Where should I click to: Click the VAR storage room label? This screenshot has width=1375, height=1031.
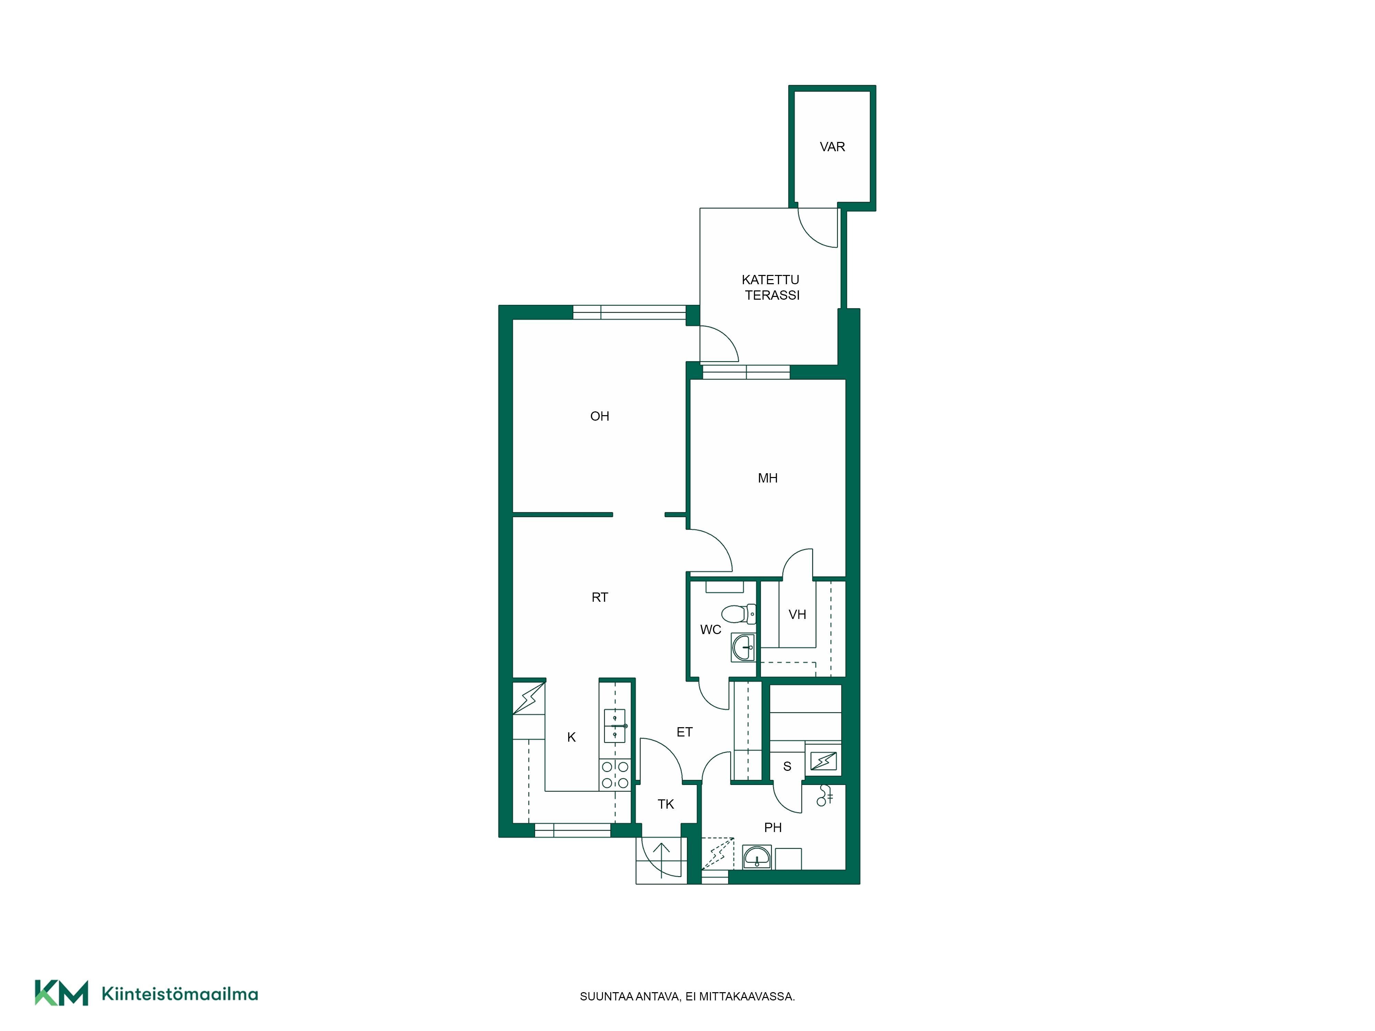click(832, 147)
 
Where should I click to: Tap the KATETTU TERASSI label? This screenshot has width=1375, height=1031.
click(771, 288)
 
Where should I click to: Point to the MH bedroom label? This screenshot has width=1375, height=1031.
click(768, 478)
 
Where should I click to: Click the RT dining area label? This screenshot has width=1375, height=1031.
click(599, 597)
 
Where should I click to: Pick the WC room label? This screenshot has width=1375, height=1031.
click(711, 630)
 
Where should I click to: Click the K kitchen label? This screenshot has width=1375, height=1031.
click(571, 737)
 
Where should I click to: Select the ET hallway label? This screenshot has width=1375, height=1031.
click(684, 732)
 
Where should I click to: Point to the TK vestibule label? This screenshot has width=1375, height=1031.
click(666, 804)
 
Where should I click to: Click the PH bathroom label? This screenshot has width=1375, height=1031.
click(773, 827)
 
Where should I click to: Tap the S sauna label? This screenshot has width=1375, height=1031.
click(787, 766)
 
